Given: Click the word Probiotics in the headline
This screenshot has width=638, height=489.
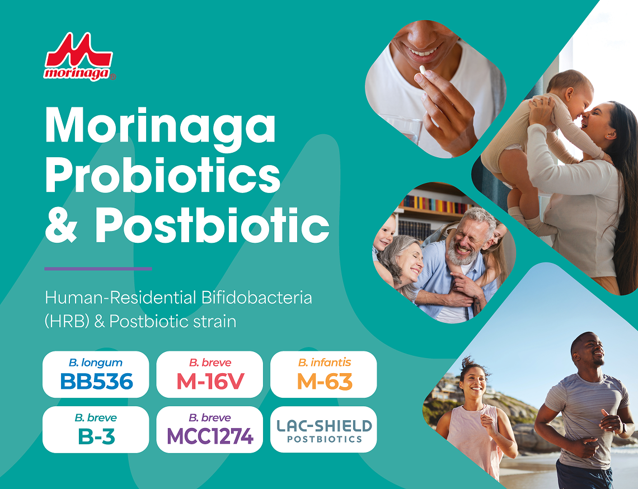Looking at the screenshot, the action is coord(163,175).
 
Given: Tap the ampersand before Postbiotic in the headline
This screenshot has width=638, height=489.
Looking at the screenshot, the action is coord(61,225).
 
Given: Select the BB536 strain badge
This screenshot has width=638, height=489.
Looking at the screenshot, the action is coord(96,374).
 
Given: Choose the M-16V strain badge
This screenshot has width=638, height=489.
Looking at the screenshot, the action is coord(209,374).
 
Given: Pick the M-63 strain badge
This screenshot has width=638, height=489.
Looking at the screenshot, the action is coord(323,374).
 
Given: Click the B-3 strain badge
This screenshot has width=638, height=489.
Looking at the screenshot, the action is coord(96,430).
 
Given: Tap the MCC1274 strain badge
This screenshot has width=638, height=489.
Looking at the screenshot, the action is coord(209,430).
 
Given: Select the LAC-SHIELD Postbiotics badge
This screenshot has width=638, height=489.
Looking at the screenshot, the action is coord(323,430).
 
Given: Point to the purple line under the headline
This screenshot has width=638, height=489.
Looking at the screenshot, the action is coord(98,269).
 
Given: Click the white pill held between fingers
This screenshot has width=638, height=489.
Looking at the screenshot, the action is coord(423,70).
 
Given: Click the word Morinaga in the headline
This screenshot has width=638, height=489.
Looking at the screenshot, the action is coord(160,125).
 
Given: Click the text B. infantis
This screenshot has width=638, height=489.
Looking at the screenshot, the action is coord(324,362).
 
